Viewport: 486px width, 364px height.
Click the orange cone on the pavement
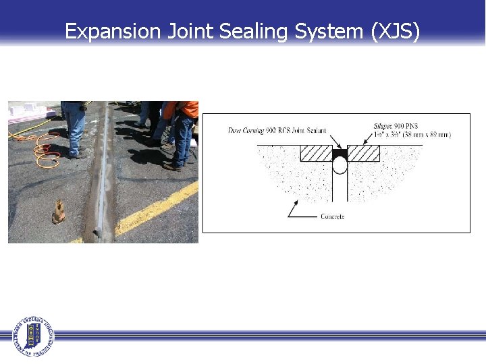59,212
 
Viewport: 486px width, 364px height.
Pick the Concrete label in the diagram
331,216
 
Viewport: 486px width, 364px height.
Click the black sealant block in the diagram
339,153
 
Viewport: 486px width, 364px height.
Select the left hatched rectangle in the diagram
315,153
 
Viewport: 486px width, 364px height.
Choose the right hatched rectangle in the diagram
363,153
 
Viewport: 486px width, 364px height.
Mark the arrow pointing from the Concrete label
297,210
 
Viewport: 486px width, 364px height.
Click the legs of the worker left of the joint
75,131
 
